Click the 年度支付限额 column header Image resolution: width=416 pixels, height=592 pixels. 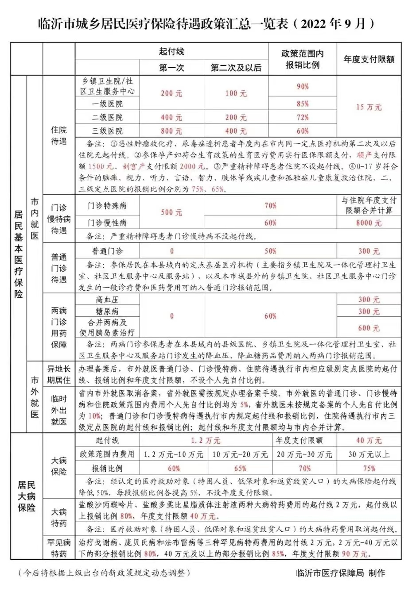coord(369,59)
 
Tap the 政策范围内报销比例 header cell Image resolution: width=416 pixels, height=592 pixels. coord(302,59)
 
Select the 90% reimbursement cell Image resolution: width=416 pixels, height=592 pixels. coord(303,86)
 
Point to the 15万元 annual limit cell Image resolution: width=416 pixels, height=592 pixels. coord(369,107)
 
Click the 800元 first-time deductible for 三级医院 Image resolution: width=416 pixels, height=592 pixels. coord(171,131)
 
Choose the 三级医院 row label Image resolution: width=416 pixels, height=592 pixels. coord(107,131)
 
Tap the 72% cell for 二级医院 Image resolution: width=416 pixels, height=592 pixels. coord(303,117)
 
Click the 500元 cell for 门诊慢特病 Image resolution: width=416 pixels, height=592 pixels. coord(171,212)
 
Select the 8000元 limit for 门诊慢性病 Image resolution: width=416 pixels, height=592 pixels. coord(369,223)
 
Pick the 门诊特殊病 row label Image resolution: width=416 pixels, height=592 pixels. coord(107,206)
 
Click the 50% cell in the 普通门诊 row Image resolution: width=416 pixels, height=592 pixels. coord(270,251)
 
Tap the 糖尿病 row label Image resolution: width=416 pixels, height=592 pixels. coord(107,311)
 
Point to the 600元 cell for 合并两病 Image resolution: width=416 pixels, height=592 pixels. coord(369,328)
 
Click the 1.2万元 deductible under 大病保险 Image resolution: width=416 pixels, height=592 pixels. coord(206,440)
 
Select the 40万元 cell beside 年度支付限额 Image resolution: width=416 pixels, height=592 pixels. coord(369,440)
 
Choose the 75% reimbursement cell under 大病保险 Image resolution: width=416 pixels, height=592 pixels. coord(369,468)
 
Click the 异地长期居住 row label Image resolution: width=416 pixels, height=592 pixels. coord(59,374)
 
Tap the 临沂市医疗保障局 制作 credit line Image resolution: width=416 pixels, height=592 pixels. coord(340,573)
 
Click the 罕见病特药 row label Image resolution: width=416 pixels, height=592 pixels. coord(59,548)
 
